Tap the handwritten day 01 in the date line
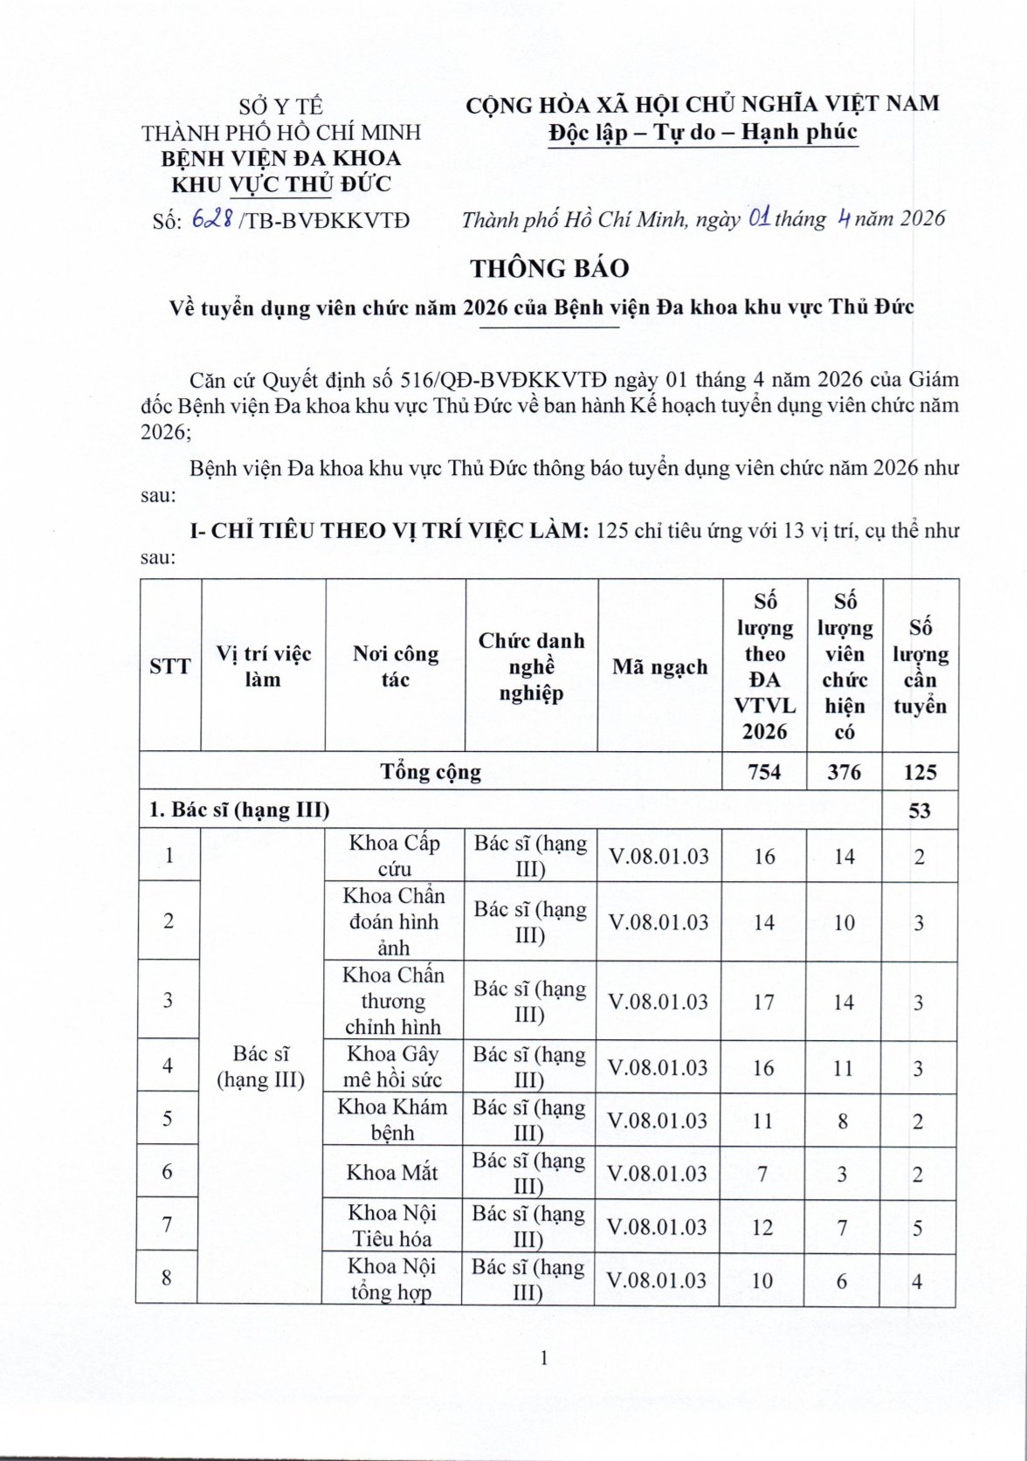[759, 218]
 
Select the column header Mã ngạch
[659, 667]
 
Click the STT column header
[169, 667]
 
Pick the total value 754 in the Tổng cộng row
[764, 772]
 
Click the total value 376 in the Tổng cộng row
[844, 772]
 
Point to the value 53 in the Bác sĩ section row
[920, 810]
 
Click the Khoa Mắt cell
[392, 1172]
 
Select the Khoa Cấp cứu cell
[394, 855]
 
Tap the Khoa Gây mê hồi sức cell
[393, 1066]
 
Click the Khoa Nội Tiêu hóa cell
[392, 1225]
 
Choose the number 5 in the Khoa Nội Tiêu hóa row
[918, 1228]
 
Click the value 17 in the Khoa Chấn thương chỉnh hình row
[763, 1002]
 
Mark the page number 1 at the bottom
[543, 1357]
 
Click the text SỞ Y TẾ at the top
[281, 107]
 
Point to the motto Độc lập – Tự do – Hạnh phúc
[703, 132]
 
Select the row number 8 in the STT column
[167, 1278]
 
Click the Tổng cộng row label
[431, 772]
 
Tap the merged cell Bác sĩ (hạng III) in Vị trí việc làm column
[261, 1066]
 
